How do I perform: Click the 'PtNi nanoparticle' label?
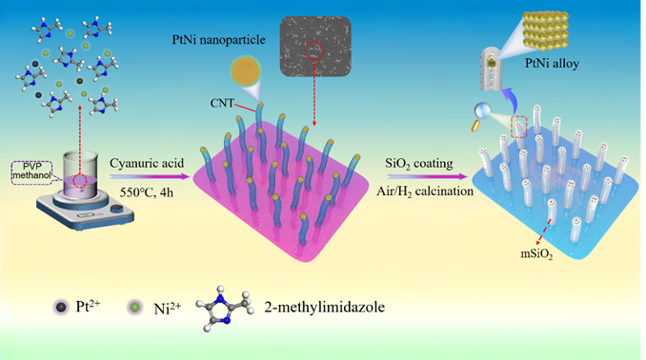(x=219, y=40)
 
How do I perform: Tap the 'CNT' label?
(x=222, y=103)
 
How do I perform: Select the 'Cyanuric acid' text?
(x=147, y=163)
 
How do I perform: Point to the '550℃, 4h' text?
(x=147, y=192)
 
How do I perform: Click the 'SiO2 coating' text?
(x=419, y=164)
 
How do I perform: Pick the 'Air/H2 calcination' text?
(x=425, y=191)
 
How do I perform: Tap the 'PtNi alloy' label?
(x=552, y=64)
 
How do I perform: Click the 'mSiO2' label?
(x=536, y=254)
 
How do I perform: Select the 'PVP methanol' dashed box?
(x=32, y=172)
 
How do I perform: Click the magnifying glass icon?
(x=481, y=115)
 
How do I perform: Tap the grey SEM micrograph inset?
(x=315, y=46)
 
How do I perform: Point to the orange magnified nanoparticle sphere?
(x=245, y=71)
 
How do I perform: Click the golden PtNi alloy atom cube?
(x=546, y=30)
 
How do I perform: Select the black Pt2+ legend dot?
(x=61, y=307)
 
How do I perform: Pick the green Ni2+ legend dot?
(x=134, y=307)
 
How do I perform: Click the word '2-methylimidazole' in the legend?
(x=325, y=307)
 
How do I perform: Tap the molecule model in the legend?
(x=225, y=307)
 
